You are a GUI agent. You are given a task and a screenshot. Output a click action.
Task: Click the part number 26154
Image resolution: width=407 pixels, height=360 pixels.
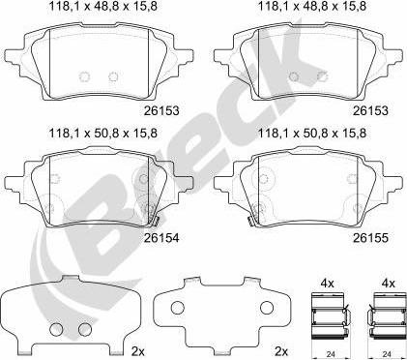point(161,238)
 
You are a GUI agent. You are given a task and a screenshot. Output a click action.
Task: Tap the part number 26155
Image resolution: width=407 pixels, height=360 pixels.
point(370,238)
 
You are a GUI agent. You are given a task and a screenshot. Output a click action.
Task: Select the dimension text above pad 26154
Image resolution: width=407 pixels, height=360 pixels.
point(102,133)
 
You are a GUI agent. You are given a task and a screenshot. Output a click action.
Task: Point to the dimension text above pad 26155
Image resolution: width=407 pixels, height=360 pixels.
point(312,133)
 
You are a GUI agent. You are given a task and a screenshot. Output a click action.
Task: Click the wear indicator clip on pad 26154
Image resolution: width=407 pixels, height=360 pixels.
point(156,221)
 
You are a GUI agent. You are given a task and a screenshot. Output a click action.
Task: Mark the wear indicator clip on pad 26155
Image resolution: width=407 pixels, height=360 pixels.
point(250,221)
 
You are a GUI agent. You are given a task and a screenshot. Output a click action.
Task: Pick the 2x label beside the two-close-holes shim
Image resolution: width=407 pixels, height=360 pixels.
point(137,351)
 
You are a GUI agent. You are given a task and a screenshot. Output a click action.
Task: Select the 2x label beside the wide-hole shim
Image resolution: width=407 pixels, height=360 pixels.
point(281,351)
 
